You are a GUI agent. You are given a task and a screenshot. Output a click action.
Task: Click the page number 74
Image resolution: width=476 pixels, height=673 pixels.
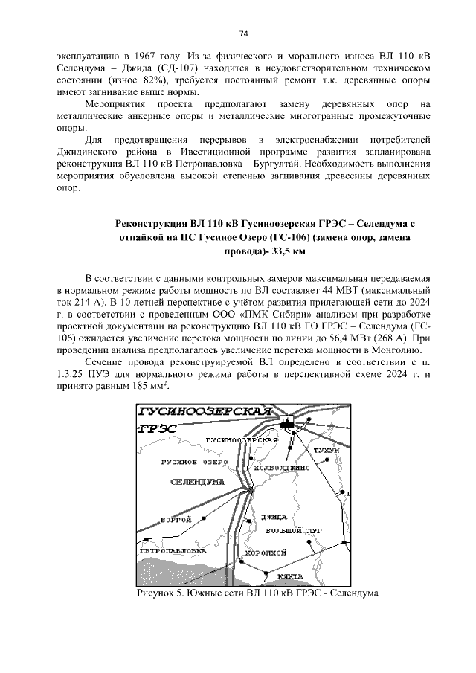242,34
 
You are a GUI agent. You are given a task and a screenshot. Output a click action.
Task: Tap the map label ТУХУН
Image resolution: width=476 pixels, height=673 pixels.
326,451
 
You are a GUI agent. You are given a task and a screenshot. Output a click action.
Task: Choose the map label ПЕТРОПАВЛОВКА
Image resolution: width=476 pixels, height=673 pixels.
173,551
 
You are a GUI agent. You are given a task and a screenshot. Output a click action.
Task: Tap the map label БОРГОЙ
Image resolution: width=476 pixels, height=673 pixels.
176,519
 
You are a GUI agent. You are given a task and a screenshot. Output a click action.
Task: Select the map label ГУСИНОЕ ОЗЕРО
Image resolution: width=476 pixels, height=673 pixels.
193,462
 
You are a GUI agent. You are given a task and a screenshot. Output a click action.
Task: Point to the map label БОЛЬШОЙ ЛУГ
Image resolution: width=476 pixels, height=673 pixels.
293,531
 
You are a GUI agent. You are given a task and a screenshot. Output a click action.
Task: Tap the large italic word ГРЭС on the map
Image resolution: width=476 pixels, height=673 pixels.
158,429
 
